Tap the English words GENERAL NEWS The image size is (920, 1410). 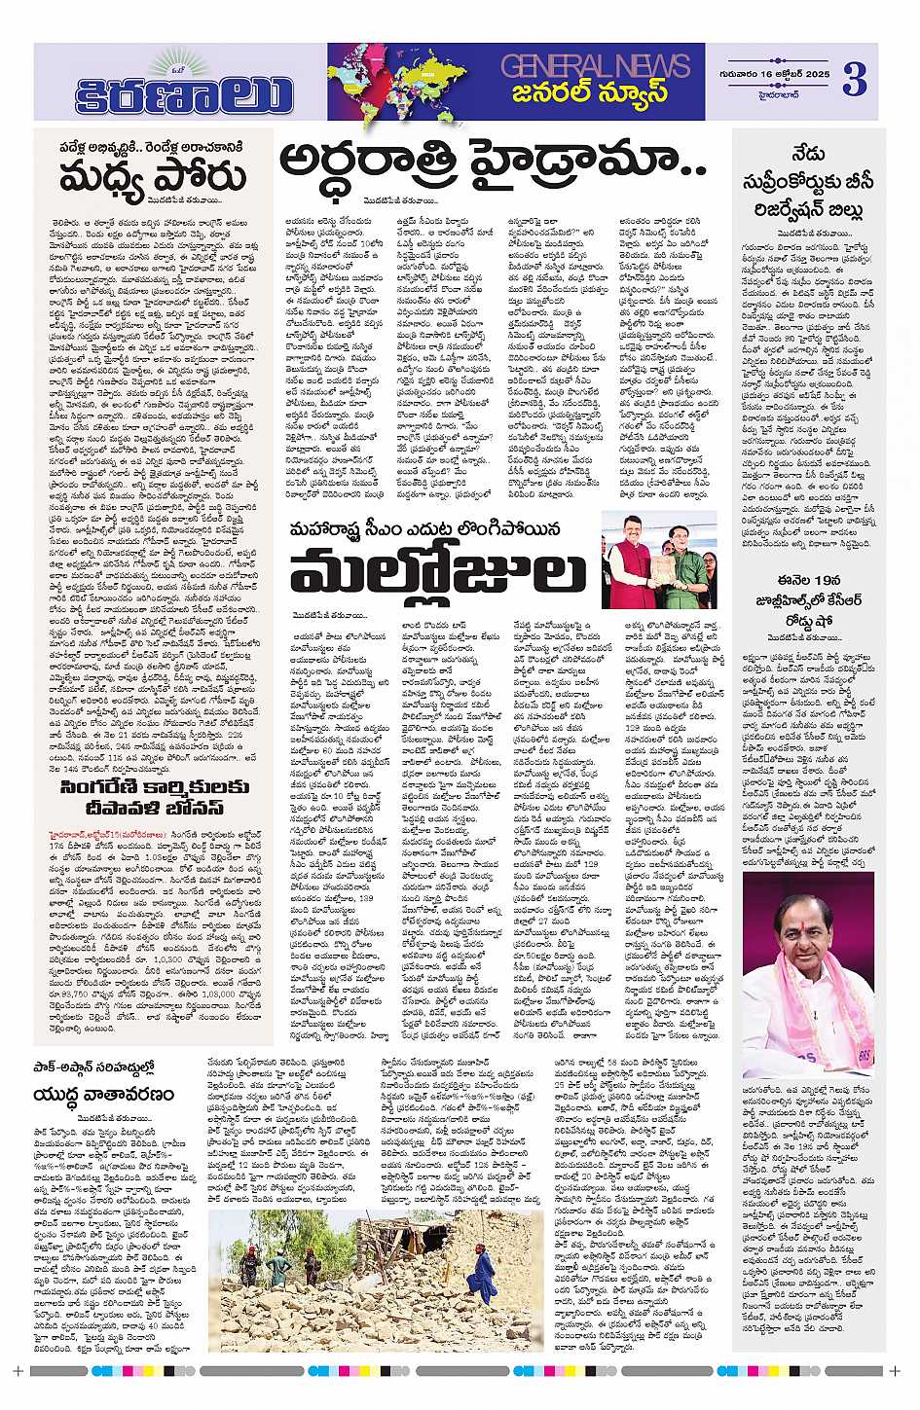595,66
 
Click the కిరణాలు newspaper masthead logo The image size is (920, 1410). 185,94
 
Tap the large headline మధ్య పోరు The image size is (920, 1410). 153,179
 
